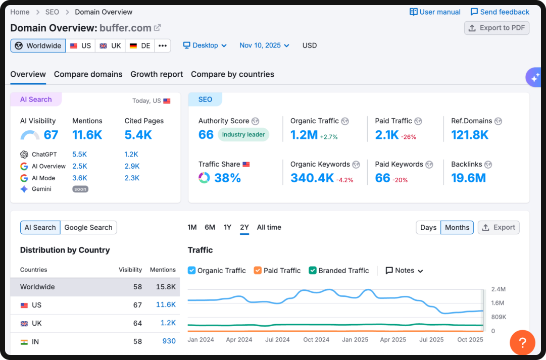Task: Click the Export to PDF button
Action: click(x=497, y=28)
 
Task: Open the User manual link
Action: click(x=435, y=12)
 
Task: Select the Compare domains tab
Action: click(x=88, y=74)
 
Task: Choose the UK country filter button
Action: click(x=110, y=45)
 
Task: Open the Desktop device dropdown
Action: click(x=205, y=45)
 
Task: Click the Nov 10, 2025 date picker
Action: click(x=264, y=45)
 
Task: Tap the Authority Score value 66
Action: click(x=206, y=135)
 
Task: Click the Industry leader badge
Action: click(x=243, y=135)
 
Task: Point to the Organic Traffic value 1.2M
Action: click(x=304, y=135)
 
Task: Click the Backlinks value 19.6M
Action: click(x=468, y=178)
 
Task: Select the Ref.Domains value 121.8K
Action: click(x=470, y=135)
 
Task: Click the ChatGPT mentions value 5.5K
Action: click(x=80, y=155)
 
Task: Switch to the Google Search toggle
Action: click(x=88, y=228)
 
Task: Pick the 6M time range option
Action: click(x=210, y=227)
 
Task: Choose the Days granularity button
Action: click(x=428, y=228)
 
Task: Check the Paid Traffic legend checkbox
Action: click(x=258, y=271)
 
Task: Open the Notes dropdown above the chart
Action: click(x=404, y=271)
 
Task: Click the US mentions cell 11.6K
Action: click(x=166, y=305)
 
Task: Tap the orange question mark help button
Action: click(x=523, y=343)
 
